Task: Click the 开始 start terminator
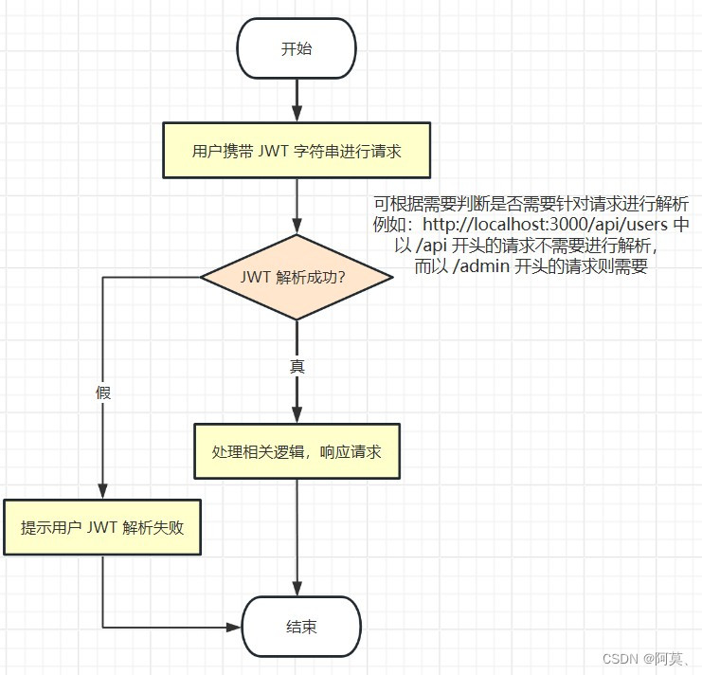pyautogui.click(x=297, y=49)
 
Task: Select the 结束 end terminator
pyautogui.click(x=301, y=627)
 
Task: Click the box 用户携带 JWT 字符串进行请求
pyautogui.click(x=297, y=151)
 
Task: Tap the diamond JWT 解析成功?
pyautogui.click(x=297, y=277)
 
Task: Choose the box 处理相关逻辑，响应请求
pyautogui.click(x=297, y=452)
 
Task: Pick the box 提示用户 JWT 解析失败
pyautogui.click(x=101, y=527)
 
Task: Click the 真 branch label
pyautogui.click(x=297, y=366)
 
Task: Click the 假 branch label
pyautogui.click(x=103, y=392)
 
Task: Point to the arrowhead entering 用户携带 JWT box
pyautogui.click(x=297, y=115)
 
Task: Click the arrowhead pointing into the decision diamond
pyautogui.click(x=297, y=228)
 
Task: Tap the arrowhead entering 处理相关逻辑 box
pyautogui.click(x=297, y=415)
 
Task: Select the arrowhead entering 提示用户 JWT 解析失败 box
pyautogui.click(x=102, y=490)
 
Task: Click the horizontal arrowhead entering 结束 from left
pyautogui.click(x=234, y=627)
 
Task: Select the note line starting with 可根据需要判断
pyautogui.click(x=531, y=205)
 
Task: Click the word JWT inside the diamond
pyautogui.click(x=256, y=277)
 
